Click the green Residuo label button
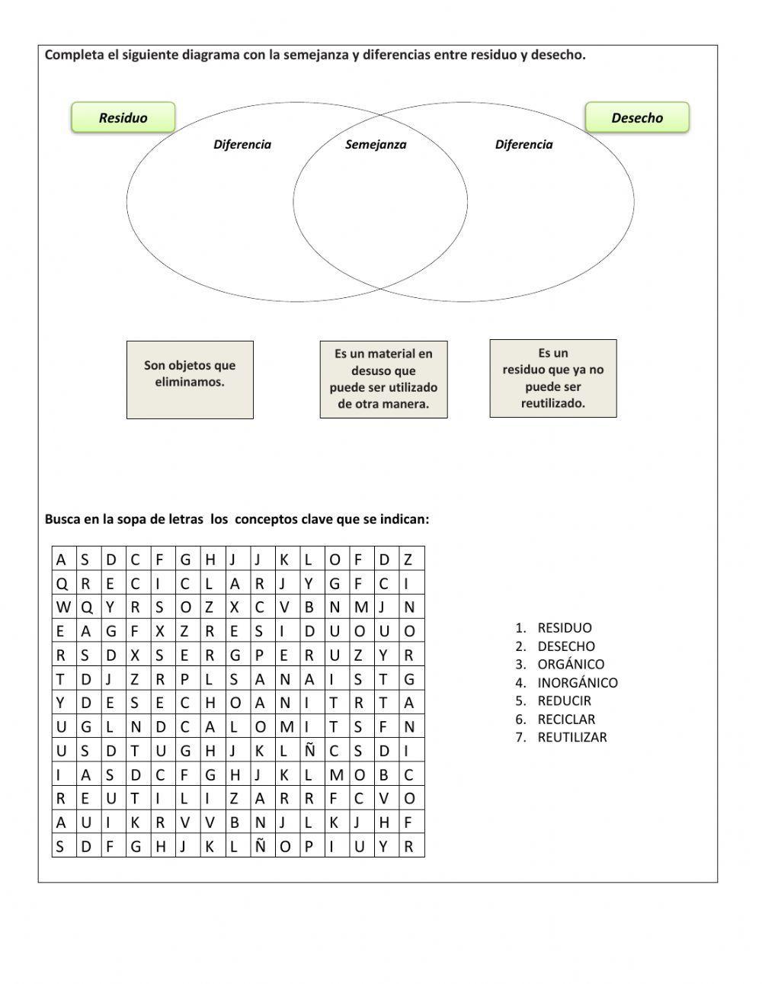(123, 117)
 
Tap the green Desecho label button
(637, 117)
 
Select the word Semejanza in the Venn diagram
(376, 145)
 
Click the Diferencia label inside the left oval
(242, 145)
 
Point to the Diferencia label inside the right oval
(524, 145)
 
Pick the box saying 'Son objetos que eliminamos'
(190, 380)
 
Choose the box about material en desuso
(383, 380)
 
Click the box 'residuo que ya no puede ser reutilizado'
(552, 379)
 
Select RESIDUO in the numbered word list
(565, 628)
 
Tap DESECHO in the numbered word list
(566, 646)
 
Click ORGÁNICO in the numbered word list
(571, 665)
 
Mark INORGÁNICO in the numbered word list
(578, 683)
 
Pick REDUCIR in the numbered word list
(564, 700)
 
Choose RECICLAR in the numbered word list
(566, 719)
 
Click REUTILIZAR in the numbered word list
(572, 737)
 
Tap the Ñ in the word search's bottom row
(260, 846)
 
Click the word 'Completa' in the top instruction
(72, 55)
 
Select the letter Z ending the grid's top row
(408, 559)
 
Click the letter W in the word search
(63, 607)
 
